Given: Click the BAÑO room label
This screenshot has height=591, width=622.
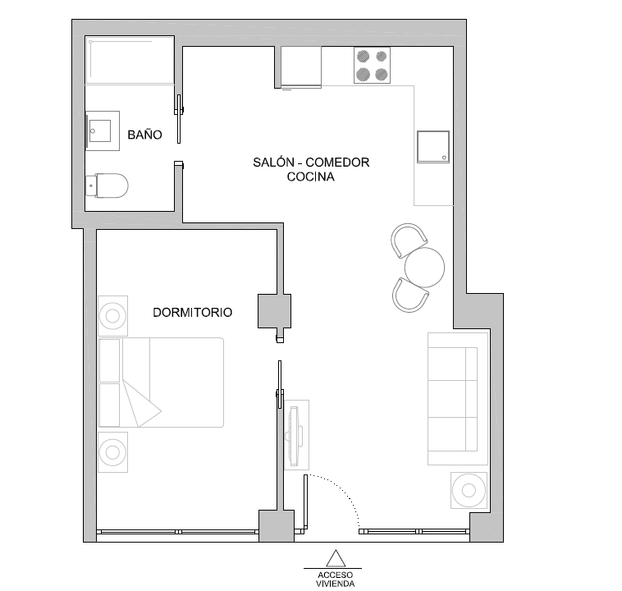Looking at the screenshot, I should click(144, 135).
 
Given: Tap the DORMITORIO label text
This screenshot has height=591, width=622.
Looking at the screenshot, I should click(192, 313).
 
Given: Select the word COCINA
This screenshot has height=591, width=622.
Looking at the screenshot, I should click(311, 176).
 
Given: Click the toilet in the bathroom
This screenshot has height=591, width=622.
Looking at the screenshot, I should click(108, 186).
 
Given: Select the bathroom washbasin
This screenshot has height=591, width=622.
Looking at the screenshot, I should click(103, 129).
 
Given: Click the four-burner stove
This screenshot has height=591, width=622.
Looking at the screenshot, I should click(371, 65).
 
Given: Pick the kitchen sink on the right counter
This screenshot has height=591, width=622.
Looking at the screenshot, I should click(433, 147).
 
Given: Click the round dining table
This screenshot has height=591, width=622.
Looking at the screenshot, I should click(424, 267).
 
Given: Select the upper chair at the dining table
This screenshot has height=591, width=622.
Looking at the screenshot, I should click(408, 239).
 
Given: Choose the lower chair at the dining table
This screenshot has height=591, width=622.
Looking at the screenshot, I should click(409, 295).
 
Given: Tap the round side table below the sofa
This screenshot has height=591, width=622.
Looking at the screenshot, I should click(469, 491).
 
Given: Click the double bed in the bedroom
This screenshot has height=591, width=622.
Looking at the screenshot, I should click(162, 383).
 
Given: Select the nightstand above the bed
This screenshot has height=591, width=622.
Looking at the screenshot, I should click(112, 314).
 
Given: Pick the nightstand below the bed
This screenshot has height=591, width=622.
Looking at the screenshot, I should click(112, 451).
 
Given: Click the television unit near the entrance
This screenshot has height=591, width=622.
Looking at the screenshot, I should click(296, 434).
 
